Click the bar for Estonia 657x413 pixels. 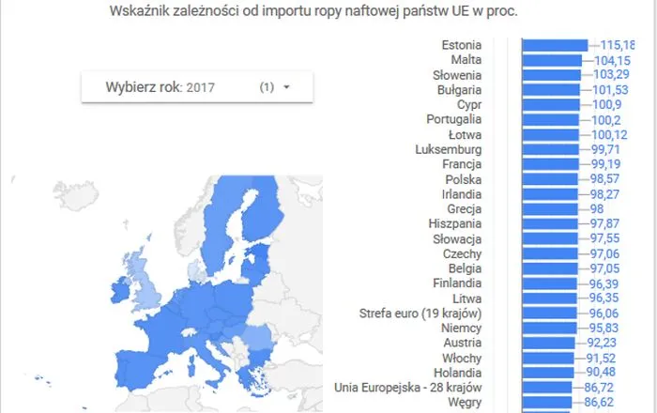pyautogui.click(x=554, y=45)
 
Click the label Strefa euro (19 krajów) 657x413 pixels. pyautogui.click(x=420, y=313)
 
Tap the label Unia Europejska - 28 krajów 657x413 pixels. pyautogui.click(x=407, y=388)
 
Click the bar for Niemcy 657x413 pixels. pyautogui.click(x=549, y=328)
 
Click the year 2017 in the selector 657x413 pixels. pyautogui.click(x=201, y=87)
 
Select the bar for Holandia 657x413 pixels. pyautogui.click(x=547, y=373)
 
